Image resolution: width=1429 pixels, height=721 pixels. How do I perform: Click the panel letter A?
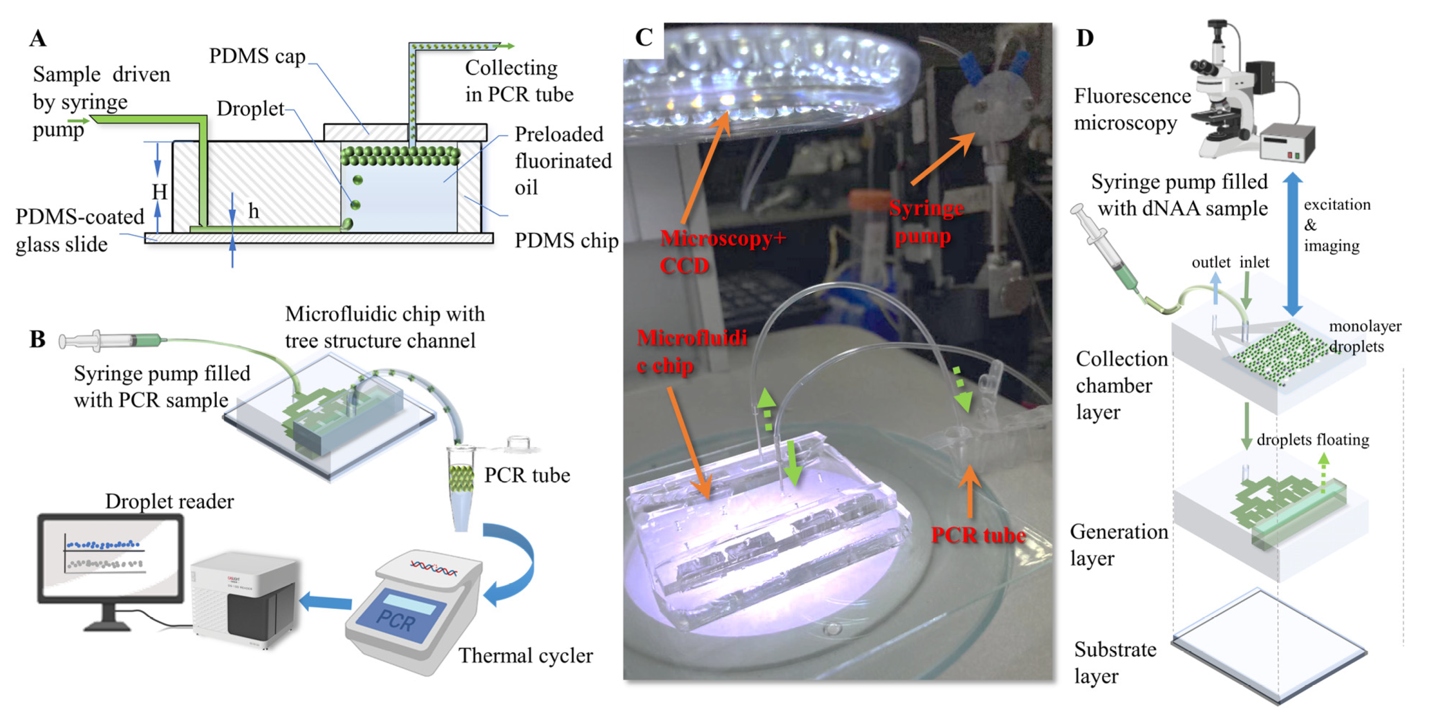click(38, 38)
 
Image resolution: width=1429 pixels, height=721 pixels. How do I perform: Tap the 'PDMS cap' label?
click(257, 56)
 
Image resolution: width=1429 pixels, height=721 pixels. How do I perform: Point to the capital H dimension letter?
click(160, 192)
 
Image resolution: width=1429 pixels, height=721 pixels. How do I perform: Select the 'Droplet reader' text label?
click(169, 501)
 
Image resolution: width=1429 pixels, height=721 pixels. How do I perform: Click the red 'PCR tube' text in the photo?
click(977, 535)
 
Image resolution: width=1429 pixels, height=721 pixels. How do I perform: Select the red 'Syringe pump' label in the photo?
click(925, 222)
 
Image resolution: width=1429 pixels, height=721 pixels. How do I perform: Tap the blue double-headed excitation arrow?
click(1292, 244)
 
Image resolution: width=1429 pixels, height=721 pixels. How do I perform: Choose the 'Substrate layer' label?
click(1115, 663)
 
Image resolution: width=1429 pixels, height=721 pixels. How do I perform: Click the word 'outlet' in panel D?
click(1211, 262)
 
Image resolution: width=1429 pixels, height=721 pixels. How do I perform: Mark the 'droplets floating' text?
click(1312, 440)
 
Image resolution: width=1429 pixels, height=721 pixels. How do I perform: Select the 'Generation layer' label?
click(1118, 544)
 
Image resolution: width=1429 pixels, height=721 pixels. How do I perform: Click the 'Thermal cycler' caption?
click(525, 655)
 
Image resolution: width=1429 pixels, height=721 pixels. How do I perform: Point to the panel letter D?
click(1085, 38)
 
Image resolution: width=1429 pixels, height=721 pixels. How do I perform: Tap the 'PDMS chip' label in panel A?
click(566, 241)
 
